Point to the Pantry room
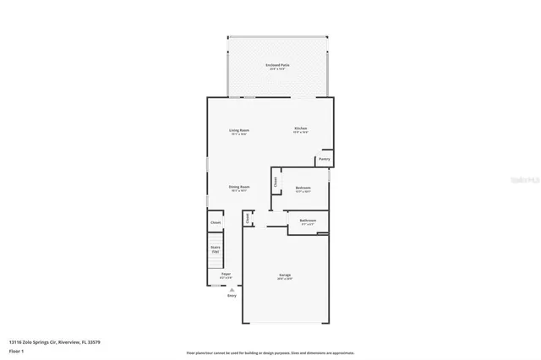pos(324,158)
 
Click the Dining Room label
pos(239,187)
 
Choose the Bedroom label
pos(303,188)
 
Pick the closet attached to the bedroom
pos(276,180)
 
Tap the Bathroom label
pos(307,221)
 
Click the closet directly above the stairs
pos(216,222)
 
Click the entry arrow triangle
pos(232,289)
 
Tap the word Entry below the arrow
pos(232,296)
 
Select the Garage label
pos(286,275)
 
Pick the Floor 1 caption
pos(15,350)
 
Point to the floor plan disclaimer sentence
pos(270,352)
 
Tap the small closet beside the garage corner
pos(248,218)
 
